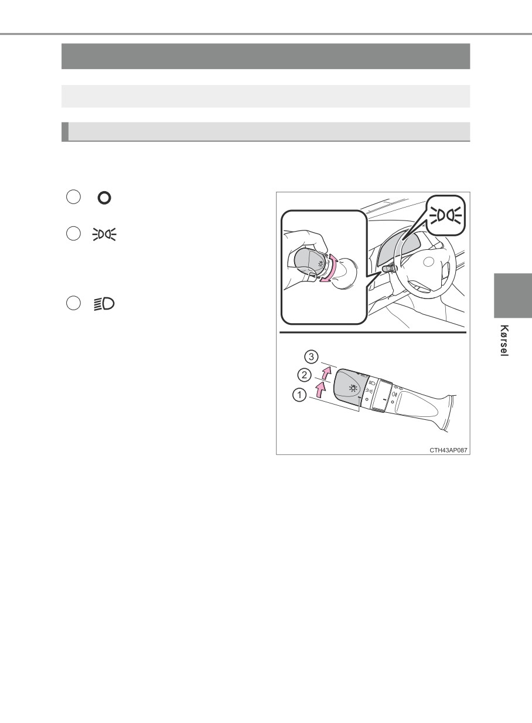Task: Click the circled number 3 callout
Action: (x=311, y=357)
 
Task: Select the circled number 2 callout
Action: (x=304, y=375)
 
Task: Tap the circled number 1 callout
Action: (x=299, y=395)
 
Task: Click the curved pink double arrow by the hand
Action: (x=331, y=268)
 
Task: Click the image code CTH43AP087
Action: (x=448, y=450)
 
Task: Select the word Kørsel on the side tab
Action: (x=504, y=341)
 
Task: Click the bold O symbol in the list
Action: (x=104, y=198)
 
